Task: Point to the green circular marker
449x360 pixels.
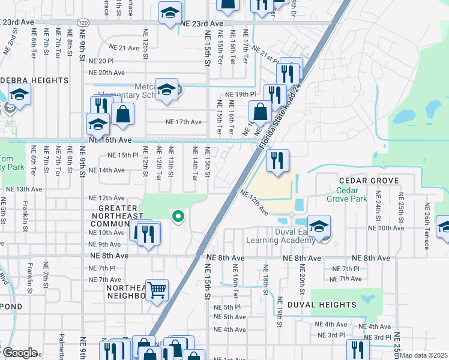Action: click(x=178, y=217)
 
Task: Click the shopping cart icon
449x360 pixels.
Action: click(x=157, y=290)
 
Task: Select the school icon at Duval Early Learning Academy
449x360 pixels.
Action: click(x=319, y=226)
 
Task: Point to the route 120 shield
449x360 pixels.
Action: click(x=83, y=22)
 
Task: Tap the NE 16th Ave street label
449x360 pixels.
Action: click(x=109, y=139)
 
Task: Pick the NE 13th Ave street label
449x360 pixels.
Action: click(x=24, y=189)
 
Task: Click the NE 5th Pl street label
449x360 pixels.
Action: click(x=227, y=307)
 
